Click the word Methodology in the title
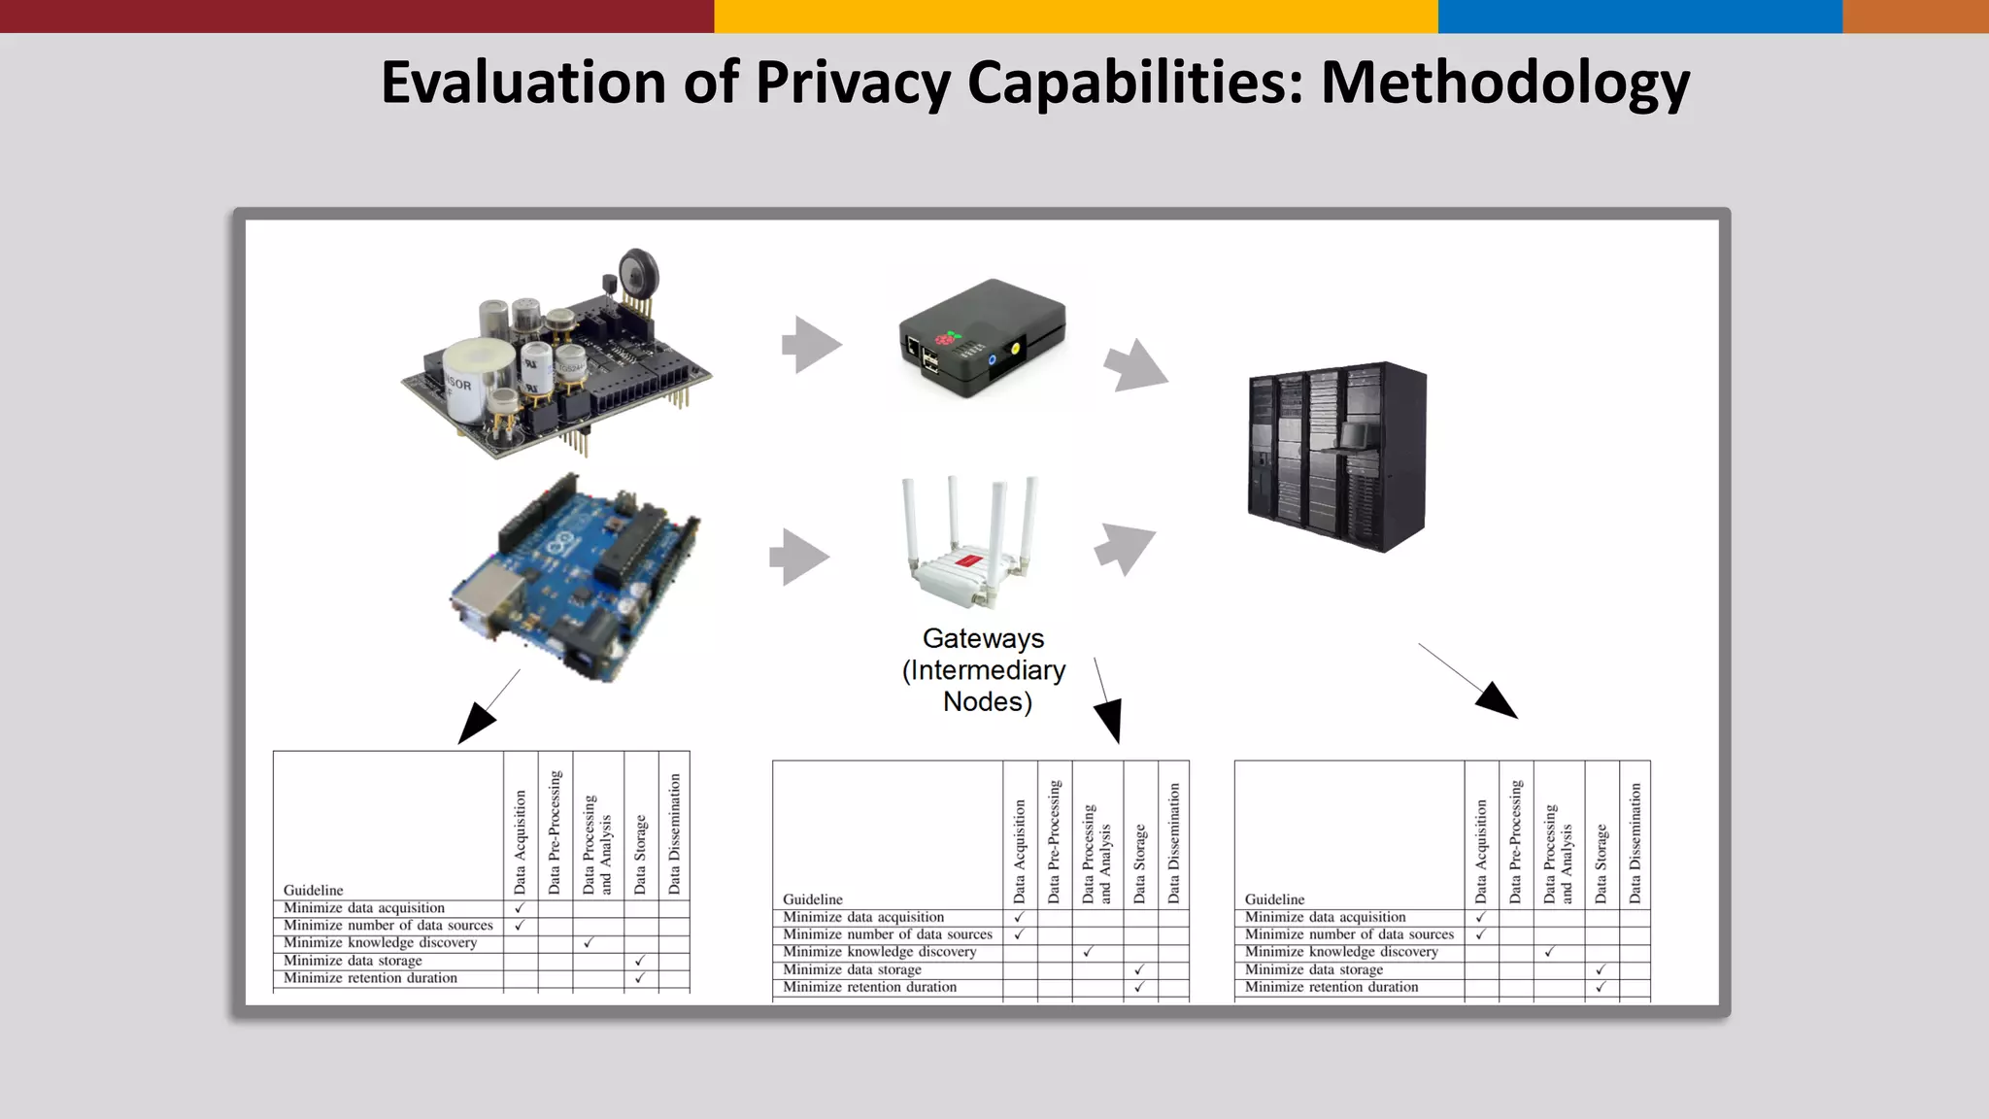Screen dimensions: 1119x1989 pyautogui.click(x=1504, y=84)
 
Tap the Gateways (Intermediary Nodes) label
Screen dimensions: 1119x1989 pyautogui.click(x=984, y=670)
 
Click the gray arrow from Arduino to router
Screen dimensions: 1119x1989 pyautogui.click(x=799, y=558)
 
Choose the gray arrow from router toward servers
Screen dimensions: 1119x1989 pyautogui.click(x=1125, y=547)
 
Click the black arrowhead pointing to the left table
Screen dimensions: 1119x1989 pyautogui.click(x=475, y=725)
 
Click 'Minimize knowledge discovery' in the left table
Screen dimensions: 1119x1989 pyautogui.click(x=380, y=943)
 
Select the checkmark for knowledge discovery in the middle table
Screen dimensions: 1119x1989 pyautogui.click(x=1089, y=952)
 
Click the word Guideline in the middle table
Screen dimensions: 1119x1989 pyautogui.click(x=813, y=899)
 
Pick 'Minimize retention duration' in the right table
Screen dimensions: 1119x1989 pyautogui.click(x=1332, y=987)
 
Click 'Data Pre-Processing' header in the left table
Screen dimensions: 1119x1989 pyautogui.click(x=555, y=831)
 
